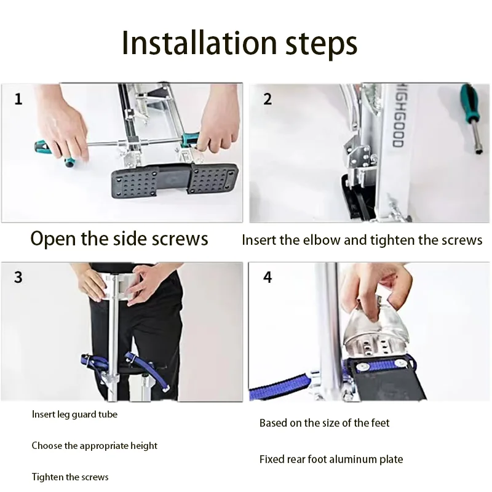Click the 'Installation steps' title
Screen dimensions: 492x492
(239, 44)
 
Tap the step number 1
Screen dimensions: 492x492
(18, 99)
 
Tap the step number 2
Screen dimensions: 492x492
(268, 99)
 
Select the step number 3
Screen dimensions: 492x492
(18, 277)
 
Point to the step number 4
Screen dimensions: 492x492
(268, 277)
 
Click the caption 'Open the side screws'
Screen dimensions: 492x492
(119, 239)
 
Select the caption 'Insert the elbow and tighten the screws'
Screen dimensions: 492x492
(362, 240)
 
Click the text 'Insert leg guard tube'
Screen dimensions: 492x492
(74, 415)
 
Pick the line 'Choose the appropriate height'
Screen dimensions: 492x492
(95, 446)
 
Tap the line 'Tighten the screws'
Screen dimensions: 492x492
(70, 477)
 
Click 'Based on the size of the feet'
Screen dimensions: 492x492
(324, 423)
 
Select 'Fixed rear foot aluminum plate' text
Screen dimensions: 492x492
(331, 459)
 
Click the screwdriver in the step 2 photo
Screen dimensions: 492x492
(471, 117)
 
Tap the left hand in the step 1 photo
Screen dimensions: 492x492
(61, 129)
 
